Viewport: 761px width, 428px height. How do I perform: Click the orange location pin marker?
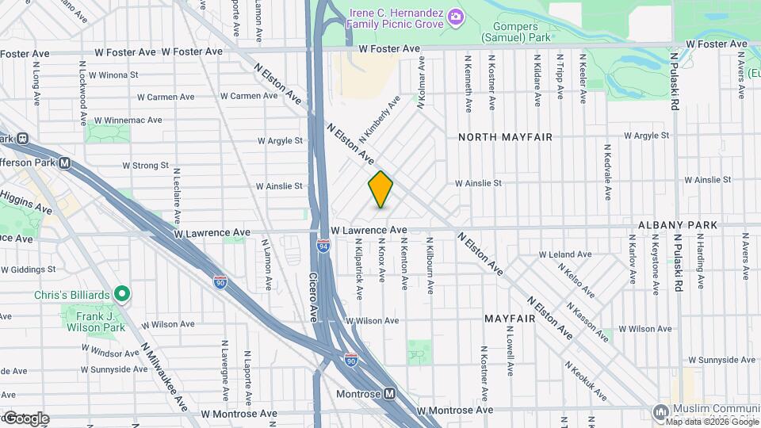point(380,189)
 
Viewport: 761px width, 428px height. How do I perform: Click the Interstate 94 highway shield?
point(323,246)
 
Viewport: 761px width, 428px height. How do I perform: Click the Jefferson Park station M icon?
point(65,164)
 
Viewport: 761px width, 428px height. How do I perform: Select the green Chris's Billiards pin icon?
point(121,295)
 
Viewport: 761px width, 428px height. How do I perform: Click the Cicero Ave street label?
point(313,297)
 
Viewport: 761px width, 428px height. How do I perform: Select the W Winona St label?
point(113,75)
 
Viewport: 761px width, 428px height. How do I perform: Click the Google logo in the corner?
point(25,418)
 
